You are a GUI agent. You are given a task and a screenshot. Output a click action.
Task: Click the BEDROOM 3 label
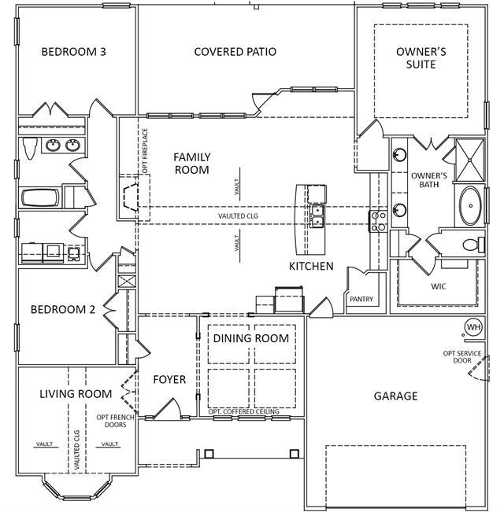click(x=74, y=52)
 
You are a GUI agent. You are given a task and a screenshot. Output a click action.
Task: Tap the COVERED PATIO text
click(x=235, y=52)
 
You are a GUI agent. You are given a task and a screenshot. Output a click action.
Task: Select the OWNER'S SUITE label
click(x=421, y=58)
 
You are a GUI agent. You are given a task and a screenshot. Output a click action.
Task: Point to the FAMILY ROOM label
click(x=191, y=164)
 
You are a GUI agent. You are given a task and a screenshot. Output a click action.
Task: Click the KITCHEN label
click(x=311, y=267)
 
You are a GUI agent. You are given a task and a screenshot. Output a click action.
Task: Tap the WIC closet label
click(x=438, y=286)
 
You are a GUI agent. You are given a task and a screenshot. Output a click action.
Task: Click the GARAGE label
click(x=395, y=396)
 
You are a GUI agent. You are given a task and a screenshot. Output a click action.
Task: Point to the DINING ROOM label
click(x=251, y=338)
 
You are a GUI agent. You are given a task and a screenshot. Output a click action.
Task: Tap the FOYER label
click(x=169, y=380)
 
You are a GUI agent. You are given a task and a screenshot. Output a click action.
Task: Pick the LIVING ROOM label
click(x=76, y=393)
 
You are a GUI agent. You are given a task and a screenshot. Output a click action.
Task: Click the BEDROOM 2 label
click(x=63, y=310)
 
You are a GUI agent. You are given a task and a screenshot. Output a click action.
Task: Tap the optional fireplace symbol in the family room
click(x=132, y=197)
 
